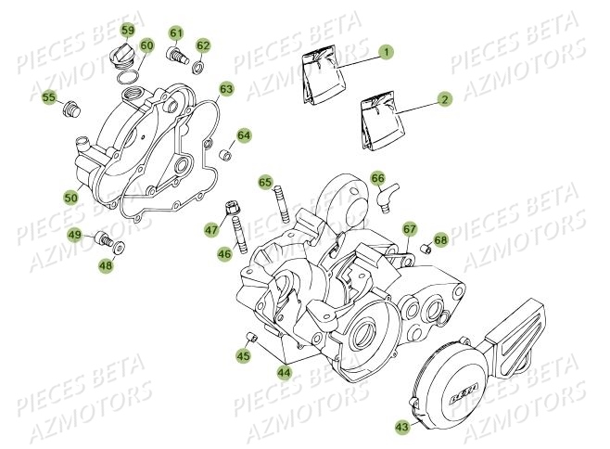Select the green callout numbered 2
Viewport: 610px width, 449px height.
click(x=446, y=98)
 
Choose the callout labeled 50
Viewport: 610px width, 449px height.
click(x=70, y=197)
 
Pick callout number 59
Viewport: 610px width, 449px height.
click(x=127, y=29)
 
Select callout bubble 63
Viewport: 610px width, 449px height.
click(x=226, y=90)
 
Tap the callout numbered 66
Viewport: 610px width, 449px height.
click(x=377, y=177)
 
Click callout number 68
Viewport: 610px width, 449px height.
click(x=440, y=240)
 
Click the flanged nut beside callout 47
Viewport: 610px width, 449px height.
click(x=232, y=208)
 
